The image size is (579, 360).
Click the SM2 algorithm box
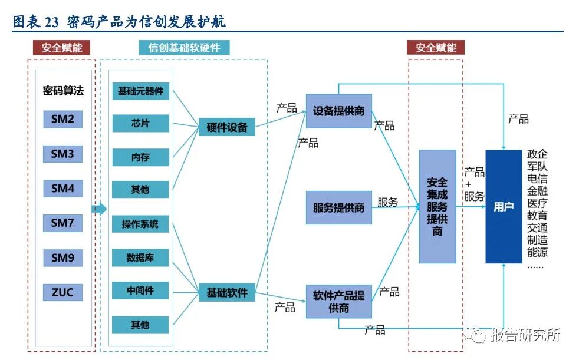click(62, 120)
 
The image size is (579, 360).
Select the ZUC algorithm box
click(62, 292)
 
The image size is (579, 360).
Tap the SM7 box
click(62, 223)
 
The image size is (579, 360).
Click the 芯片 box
click(140, 123)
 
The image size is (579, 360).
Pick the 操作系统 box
click(140, 224)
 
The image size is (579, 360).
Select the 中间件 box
click(140, 291)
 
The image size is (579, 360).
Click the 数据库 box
click(140, 257)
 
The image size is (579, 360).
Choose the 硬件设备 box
click(226, 127)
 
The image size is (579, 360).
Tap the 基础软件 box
click(226, 292)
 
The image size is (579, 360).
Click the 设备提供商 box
click(338, 111)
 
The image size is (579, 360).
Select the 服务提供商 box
click(338, 207)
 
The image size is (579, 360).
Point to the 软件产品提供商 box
click(338, 302)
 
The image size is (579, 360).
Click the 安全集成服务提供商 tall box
click(437, 206)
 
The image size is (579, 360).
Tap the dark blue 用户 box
click(504, 207)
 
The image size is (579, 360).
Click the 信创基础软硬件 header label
click(184, 48)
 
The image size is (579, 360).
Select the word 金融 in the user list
click(537, 191)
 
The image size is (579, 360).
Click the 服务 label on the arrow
click(388, 202)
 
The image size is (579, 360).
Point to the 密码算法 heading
click(63, 91)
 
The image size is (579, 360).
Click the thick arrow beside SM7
click(99, 209)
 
